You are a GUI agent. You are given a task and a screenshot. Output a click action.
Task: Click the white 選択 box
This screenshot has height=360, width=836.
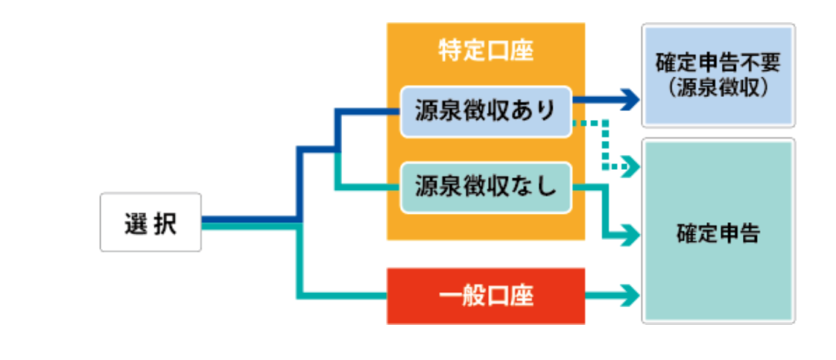click(x=150, y=222)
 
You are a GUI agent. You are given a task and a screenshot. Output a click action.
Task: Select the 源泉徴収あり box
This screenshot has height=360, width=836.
click(x=486, y=109)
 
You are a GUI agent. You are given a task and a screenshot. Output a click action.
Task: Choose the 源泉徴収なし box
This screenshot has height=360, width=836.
click(x=486, y=188)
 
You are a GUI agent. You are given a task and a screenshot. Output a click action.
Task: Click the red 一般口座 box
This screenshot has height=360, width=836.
click(x=486, y=296)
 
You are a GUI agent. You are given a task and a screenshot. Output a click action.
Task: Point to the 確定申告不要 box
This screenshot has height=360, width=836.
click(x=718, y=75)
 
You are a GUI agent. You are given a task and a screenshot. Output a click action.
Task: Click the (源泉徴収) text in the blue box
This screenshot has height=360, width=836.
click(x=718, y=88)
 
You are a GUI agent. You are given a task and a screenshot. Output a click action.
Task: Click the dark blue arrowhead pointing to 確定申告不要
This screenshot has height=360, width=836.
click(x=630, y=100)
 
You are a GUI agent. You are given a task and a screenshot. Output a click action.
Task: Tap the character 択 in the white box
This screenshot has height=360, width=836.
click(x=164, y=222)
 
